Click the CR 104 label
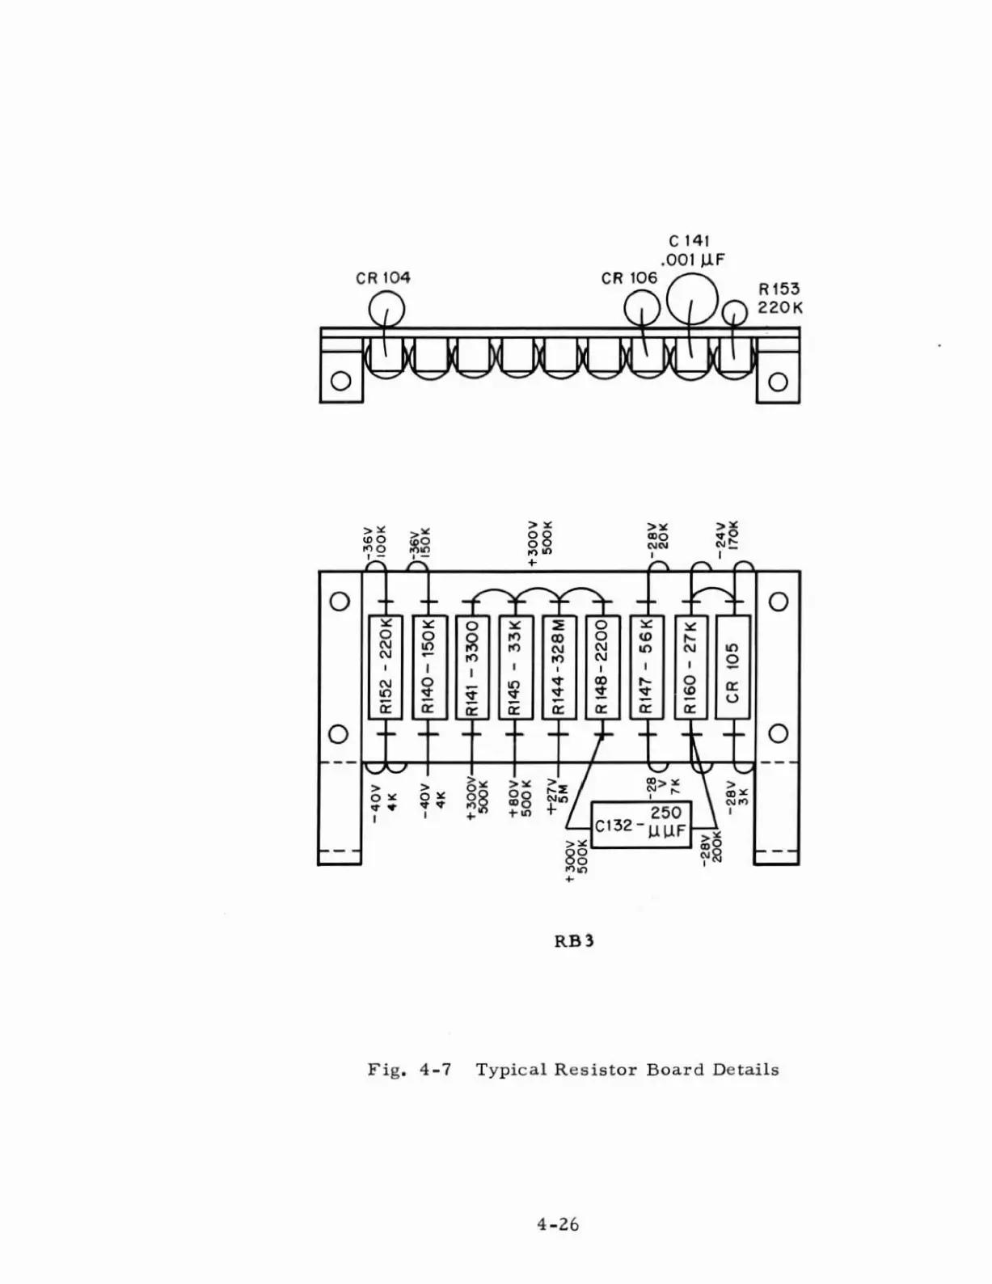click(x=383, y=277)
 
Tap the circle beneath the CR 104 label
click(x=386, y=309)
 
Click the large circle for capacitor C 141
click(x=691, y=298)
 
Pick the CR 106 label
click(x=630, y=278)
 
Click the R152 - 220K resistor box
click(x=386, y=666)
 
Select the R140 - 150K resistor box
click(x=428, y=666)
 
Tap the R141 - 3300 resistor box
click(x=472, y=666)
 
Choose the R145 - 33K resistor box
click(x=516, y=666)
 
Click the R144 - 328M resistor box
click(x=559, y=666)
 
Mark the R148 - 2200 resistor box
click(x=602, y=666)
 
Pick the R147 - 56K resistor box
click(x=646, y=666)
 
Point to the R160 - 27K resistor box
click(x=690, y=666)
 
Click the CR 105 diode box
click(x=733, y=666)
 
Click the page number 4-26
click(x=558, y=1224)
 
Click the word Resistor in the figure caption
click(x=597, y=1070)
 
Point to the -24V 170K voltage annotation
click(x=727, y=539)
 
